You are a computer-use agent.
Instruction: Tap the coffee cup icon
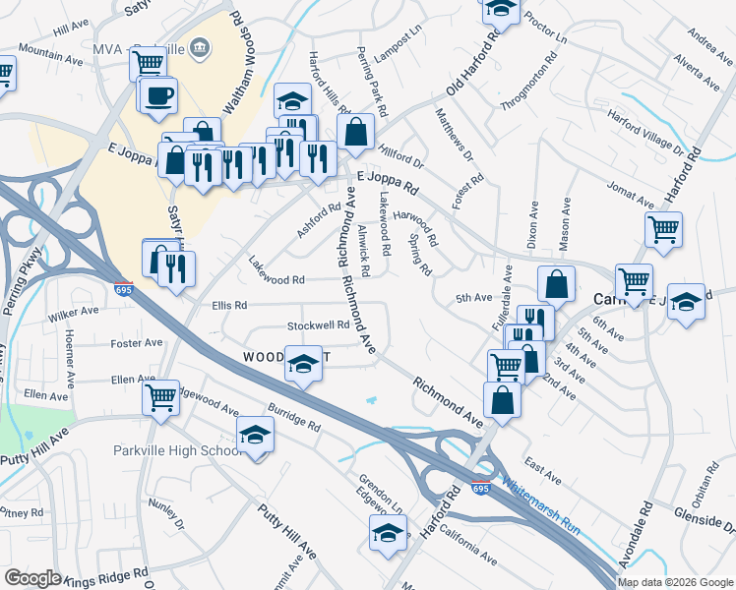[158, 94]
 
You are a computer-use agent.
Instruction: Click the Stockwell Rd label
[318, 324]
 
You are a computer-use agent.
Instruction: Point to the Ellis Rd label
[228, 305]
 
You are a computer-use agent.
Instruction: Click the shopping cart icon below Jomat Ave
[664, 229]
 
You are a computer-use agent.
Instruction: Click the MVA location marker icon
[201, 45]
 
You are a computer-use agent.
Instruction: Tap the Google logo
[32, 578]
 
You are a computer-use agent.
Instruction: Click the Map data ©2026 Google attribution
[675, 582]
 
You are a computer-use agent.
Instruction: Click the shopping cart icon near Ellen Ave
[160, 397]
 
